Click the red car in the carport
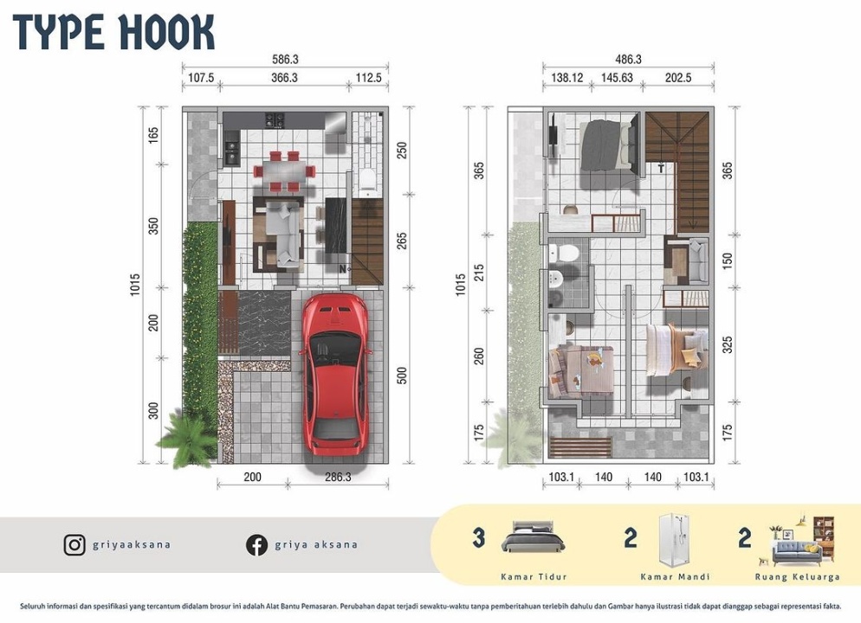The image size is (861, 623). click(x=334, y=375)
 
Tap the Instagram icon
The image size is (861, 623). click(x=74, y=545)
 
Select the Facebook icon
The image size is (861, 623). click(x=256, y=545)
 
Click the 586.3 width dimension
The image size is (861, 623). click(x=285, y=59)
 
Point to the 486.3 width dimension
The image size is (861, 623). click(x=629, y=59)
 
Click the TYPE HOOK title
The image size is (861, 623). click(x=113, y=32)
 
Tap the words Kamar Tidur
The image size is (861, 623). click(x=534, y=577)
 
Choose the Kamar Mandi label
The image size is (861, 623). click(x=675, y=577)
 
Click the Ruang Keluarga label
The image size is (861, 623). click(x=797, y=577)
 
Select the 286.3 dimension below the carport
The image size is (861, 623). click(x=338, y=477)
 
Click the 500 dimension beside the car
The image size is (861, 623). click(x=402, y=376)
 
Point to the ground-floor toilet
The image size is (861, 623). click(x=366, y=179)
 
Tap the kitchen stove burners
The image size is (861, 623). click(x=275, y=119)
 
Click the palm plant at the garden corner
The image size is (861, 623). click(x=187, y=437)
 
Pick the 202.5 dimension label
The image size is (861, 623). click(x=678, y=78)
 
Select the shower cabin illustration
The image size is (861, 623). click(x=675, y=540)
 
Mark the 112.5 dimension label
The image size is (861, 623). click(x=368, y=78)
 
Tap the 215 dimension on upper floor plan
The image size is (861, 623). click(x=479, y=273)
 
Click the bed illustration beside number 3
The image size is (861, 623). click(x=534, y=536)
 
